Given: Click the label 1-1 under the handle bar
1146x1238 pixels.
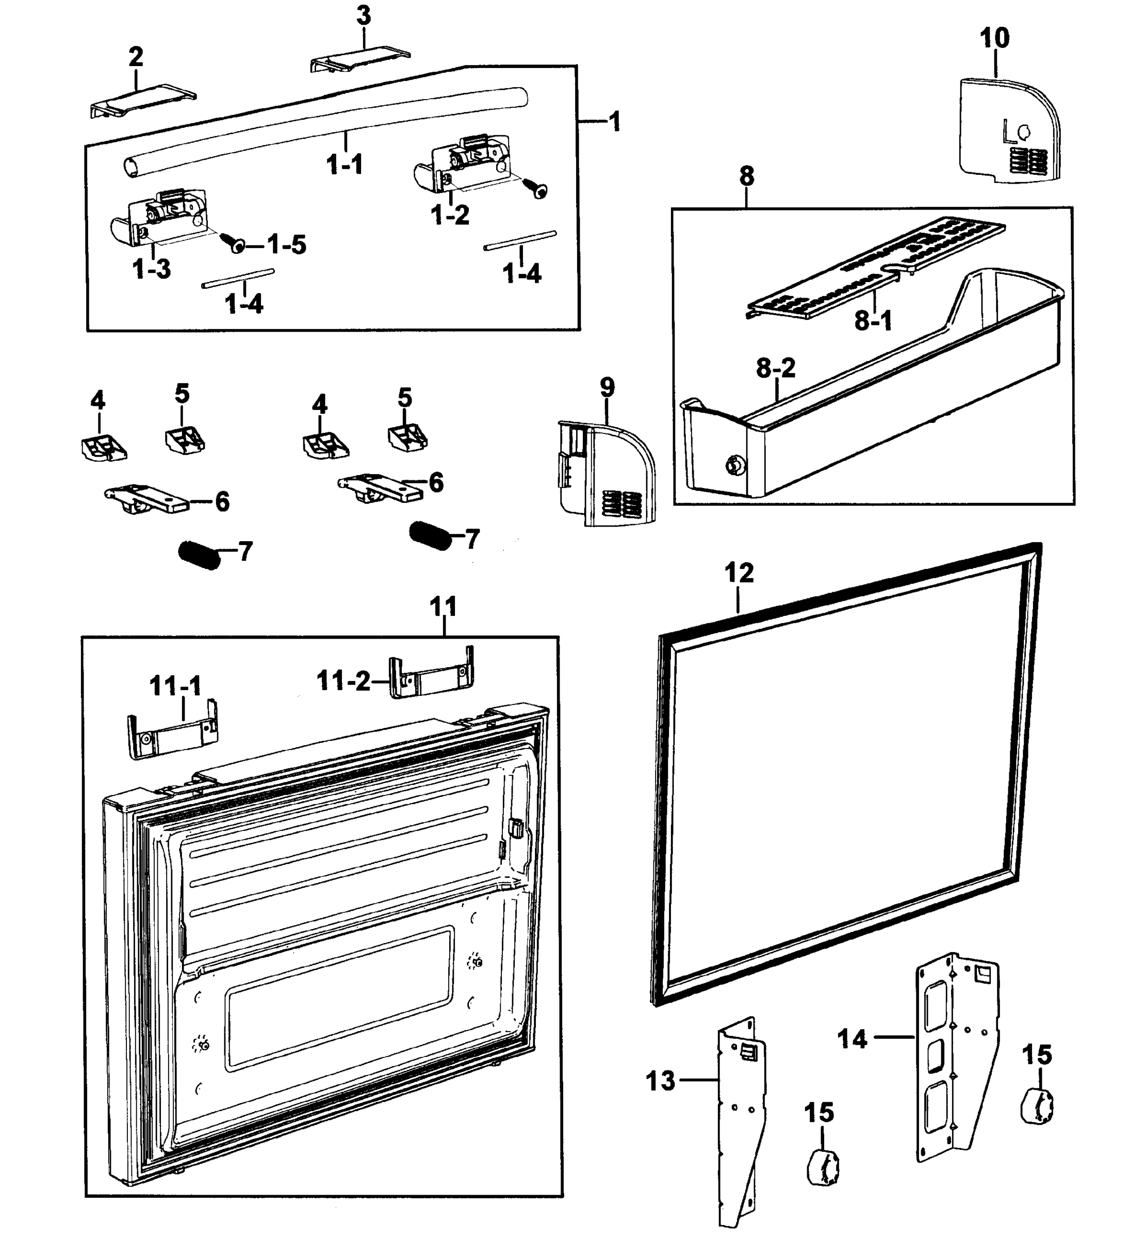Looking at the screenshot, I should [x=345, y=165].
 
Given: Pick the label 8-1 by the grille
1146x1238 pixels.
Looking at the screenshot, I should [x=873, y=321].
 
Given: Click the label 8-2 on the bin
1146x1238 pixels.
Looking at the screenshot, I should [x=775, y=368].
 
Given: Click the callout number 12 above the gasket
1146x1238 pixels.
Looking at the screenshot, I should [x=739, y=573].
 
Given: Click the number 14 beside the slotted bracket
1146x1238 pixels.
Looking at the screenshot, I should [x=852, y=1038].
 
